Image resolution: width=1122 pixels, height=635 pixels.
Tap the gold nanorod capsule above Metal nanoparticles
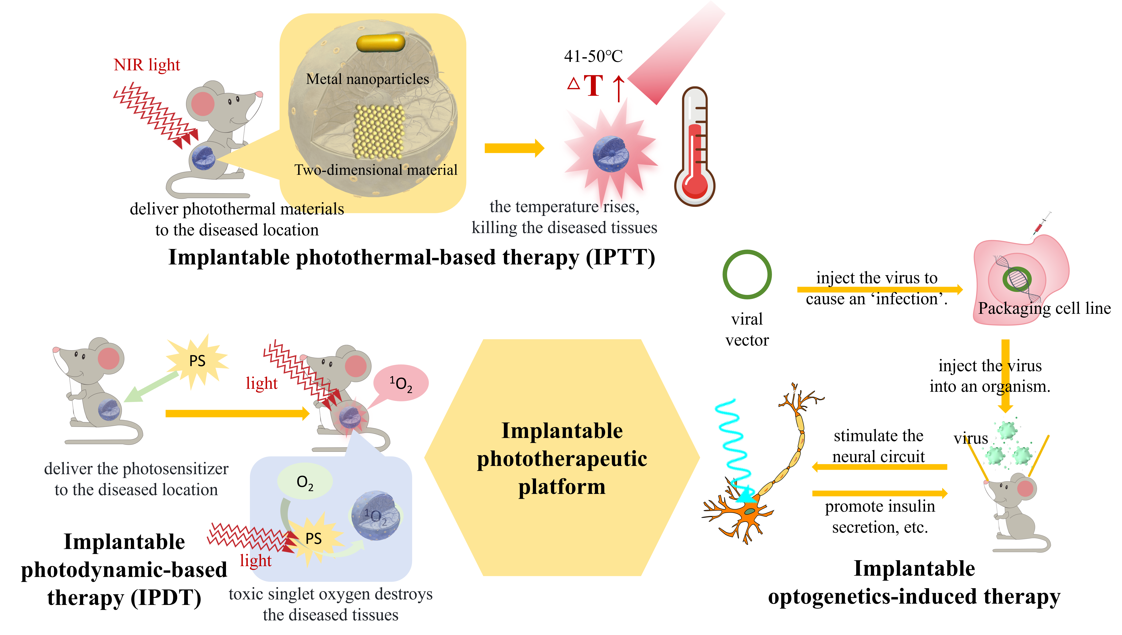[x=381, y=43]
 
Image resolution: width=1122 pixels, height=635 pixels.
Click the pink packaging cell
[x=1020, y=279]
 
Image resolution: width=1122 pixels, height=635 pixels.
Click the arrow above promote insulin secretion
[x=879, y=493]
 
